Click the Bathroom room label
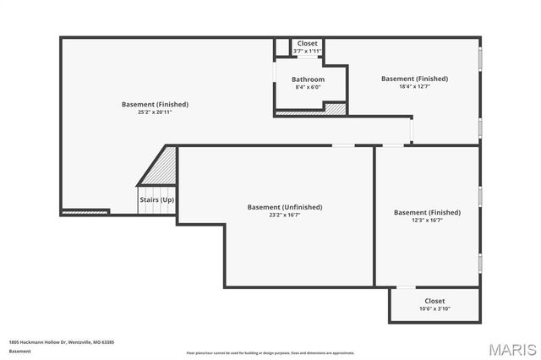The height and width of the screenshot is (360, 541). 309,79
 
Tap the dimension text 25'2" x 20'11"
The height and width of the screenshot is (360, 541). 155,112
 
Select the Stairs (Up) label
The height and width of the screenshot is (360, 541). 156,199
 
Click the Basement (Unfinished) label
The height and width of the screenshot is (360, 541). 285,207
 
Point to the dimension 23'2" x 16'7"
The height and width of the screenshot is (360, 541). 285,215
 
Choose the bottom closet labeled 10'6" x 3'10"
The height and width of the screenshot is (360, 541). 434,304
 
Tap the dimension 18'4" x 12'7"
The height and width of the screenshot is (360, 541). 414,86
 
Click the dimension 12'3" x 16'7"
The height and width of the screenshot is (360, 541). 427,220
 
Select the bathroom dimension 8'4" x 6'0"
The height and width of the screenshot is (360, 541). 309,87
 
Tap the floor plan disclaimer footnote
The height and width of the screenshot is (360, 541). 270,352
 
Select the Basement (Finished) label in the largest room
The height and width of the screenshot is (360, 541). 155,105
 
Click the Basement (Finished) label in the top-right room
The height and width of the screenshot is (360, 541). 414,79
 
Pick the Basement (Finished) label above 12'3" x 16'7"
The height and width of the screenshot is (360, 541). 427,212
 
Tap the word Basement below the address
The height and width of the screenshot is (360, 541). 20,351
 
